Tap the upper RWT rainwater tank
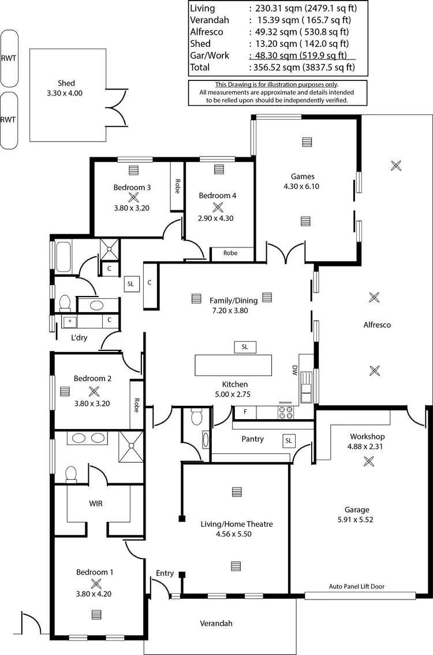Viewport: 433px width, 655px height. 9,58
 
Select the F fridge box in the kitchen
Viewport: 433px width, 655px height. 245,412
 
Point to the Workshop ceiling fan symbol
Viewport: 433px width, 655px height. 368,461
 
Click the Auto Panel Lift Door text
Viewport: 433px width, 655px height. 356,586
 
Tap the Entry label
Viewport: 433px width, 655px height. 165,573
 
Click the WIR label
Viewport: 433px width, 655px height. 96,504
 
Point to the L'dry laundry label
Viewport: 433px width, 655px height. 79,338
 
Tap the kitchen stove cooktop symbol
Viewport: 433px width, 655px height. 286,412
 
